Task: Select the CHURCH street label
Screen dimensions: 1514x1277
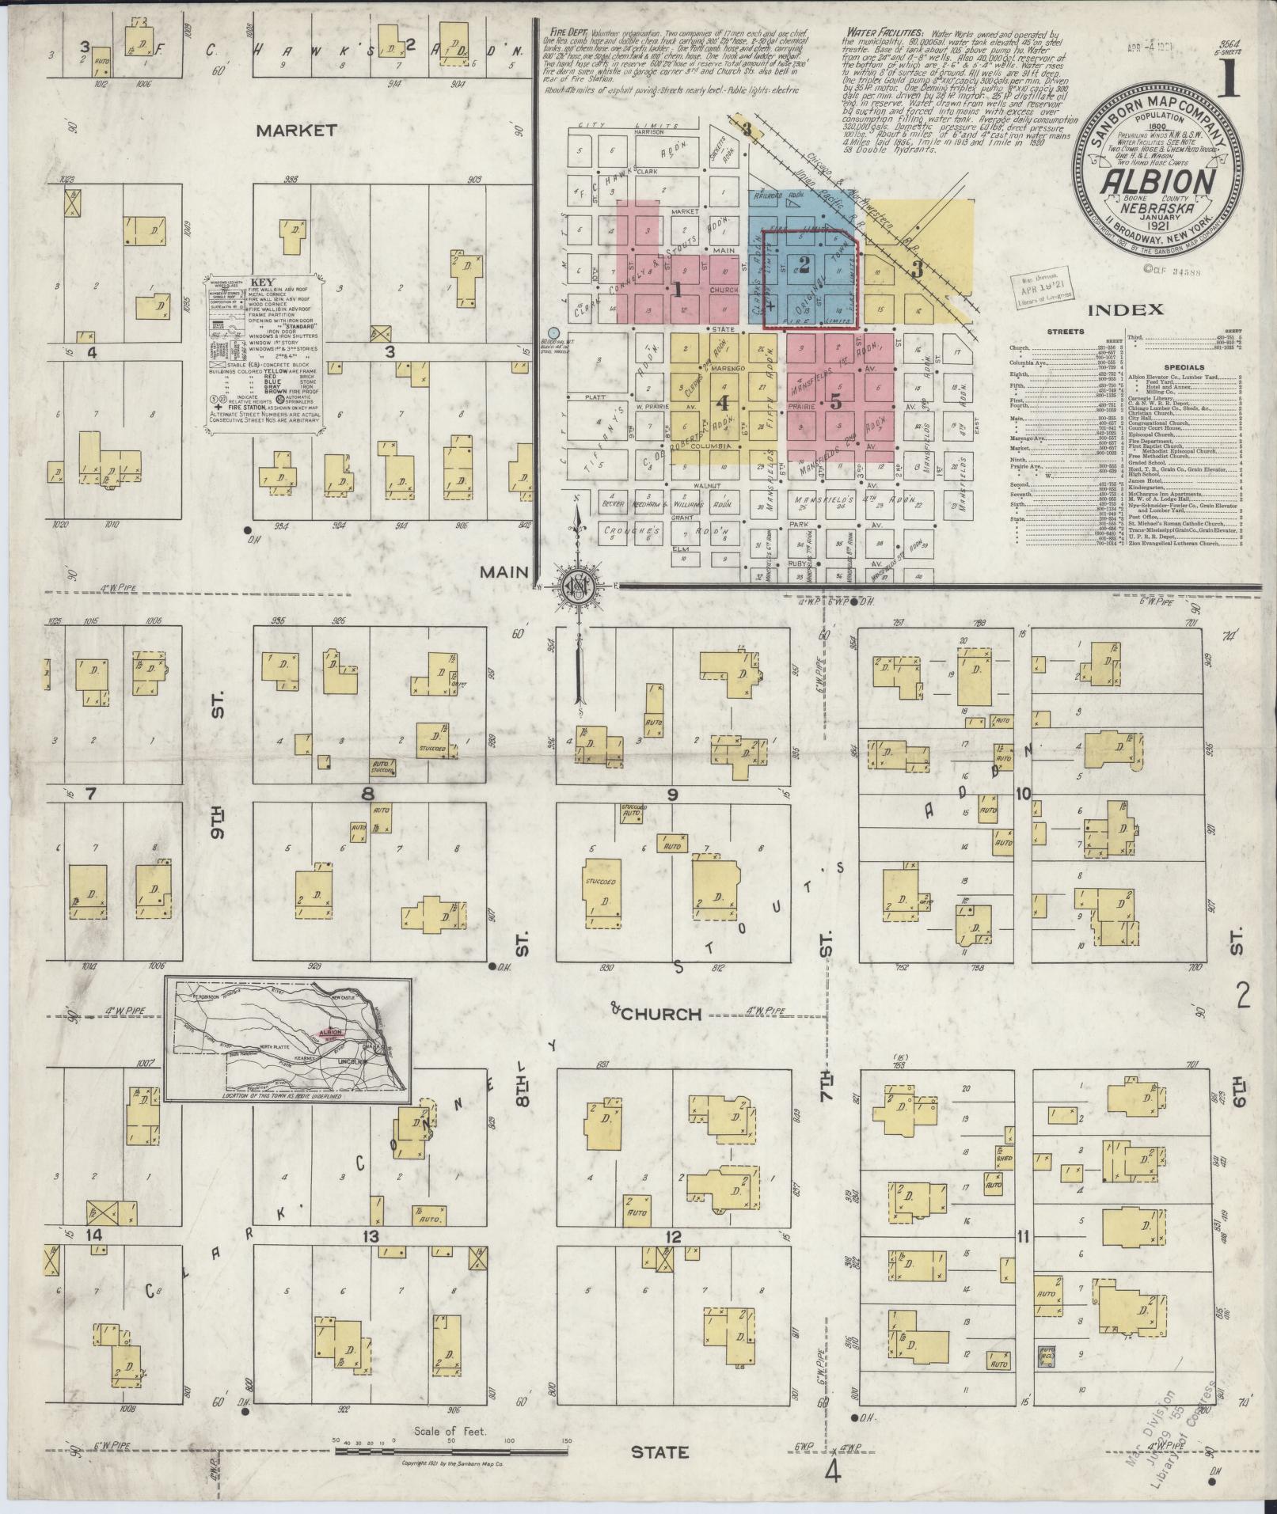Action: point(661,1014)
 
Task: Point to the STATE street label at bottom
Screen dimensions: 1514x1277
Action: point(660,1452)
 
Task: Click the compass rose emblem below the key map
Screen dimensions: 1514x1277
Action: point(577,586)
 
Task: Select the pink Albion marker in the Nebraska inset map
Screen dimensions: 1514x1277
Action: point(330,1032)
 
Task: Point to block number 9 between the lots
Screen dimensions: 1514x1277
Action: point(672,795)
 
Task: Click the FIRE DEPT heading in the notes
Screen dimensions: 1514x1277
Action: point(565,30)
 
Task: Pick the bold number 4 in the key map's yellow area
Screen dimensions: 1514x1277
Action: point(721,401)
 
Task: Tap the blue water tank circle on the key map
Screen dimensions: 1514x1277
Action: point(554,333)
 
